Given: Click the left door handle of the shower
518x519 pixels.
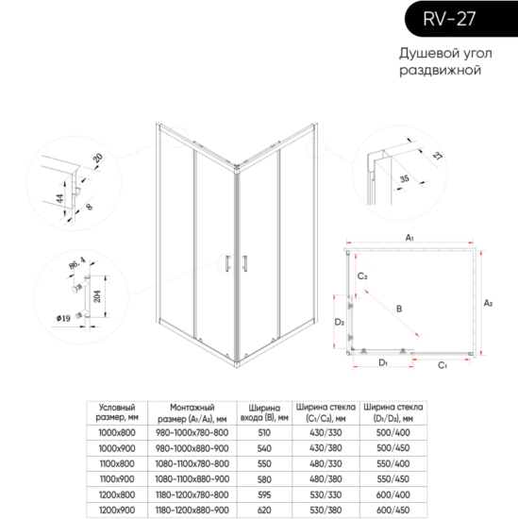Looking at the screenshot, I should click(x=227, y=264).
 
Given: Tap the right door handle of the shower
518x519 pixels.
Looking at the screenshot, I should click(x=242, y=264).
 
